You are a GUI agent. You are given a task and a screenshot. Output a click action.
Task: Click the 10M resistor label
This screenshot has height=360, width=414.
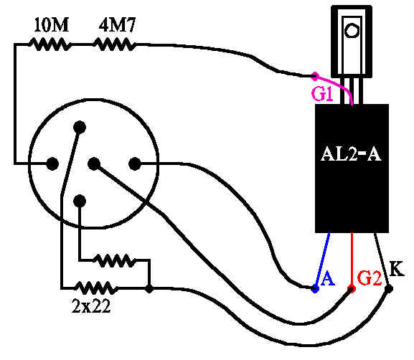tap(52, 25)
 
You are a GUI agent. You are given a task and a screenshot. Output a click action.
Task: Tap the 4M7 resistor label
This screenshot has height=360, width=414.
tap(117, 25)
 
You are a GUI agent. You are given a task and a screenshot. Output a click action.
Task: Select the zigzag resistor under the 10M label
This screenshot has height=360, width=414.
tap(50, 44)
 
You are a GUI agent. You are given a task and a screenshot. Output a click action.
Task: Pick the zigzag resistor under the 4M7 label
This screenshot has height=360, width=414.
tap(115, 44)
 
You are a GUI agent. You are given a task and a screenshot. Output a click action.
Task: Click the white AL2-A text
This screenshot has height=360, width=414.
tap(351, 153)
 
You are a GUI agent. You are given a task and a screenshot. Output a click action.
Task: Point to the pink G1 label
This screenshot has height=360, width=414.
tap(322, 94)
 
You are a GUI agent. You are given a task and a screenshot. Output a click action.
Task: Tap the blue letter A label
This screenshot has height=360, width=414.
tap(328, 278)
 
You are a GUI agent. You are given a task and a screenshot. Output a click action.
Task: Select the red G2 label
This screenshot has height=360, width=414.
tap(369, 278)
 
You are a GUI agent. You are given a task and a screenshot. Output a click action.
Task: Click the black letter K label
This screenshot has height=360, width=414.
tap(397, 269)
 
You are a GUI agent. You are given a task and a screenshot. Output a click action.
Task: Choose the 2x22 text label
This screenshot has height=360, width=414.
tap(91, 306)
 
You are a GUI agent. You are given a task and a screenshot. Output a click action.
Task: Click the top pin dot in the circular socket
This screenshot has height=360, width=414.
tap(80, 127)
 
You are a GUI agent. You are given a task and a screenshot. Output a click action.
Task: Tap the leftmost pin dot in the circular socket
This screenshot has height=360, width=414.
tap(52, 164)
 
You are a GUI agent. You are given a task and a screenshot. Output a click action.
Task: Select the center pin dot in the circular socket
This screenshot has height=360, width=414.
tap(94, 164)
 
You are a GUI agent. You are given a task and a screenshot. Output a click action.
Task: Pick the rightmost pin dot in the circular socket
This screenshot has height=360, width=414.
tap(135, 164)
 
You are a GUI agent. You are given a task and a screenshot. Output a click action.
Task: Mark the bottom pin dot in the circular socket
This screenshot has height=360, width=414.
tap(80, 201)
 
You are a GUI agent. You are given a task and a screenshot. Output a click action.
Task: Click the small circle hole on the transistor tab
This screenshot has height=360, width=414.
tap(352, 30)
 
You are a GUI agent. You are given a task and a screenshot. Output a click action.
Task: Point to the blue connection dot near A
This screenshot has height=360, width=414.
tap(315, 289)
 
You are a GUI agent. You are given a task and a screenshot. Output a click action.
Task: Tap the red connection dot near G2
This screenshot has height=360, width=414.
tap(352, 288)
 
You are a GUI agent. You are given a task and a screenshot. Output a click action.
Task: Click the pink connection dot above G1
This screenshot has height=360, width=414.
tap(315, 76)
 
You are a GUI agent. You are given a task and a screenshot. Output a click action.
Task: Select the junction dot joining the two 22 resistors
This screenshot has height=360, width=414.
tap(149, 288)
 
